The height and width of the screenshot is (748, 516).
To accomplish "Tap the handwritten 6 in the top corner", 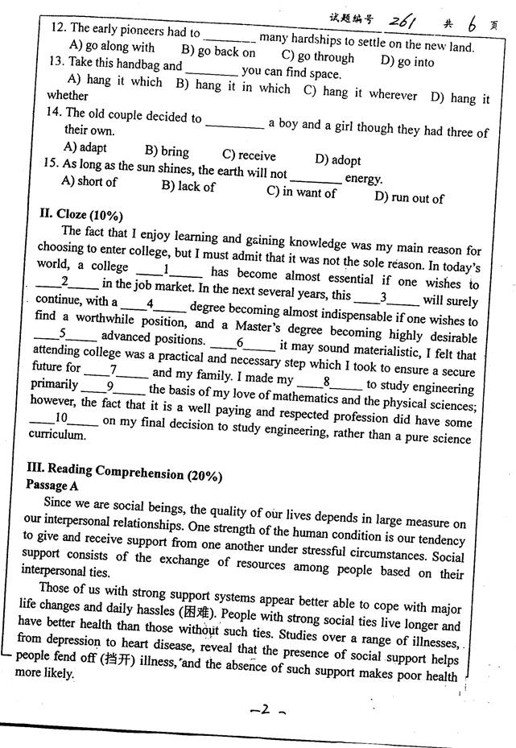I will [473, 24].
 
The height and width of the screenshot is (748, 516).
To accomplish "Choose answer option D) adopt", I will [338, 159].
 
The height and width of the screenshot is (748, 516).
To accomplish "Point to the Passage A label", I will [52, 486].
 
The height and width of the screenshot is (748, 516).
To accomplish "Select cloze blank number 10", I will [62, 418].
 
